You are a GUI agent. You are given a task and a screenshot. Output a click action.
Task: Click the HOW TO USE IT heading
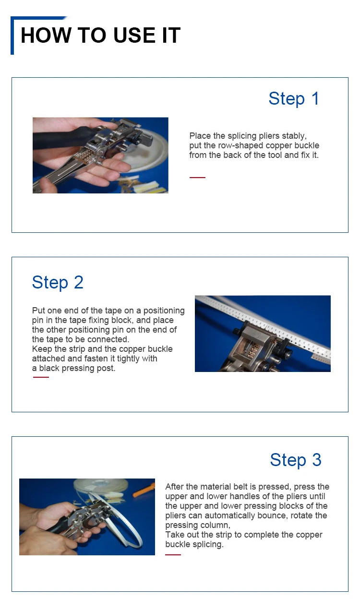100,36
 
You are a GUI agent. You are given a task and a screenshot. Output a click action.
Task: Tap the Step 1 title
294,98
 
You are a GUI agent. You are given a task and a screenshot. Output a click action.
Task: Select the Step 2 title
58,282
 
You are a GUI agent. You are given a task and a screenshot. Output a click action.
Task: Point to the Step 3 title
296,460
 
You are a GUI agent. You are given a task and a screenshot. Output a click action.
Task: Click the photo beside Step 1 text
100,155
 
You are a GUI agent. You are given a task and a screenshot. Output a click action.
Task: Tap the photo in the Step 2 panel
263,334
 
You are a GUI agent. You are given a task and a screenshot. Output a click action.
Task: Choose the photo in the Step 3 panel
87,516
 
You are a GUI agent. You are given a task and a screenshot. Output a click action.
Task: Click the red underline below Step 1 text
197,178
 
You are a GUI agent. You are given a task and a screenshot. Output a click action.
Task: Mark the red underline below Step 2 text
41,377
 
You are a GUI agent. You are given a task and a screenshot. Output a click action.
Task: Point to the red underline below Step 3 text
173,555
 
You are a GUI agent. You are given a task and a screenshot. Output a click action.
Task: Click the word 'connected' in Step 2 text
110,339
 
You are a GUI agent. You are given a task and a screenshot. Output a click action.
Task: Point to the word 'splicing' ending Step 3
208,544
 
